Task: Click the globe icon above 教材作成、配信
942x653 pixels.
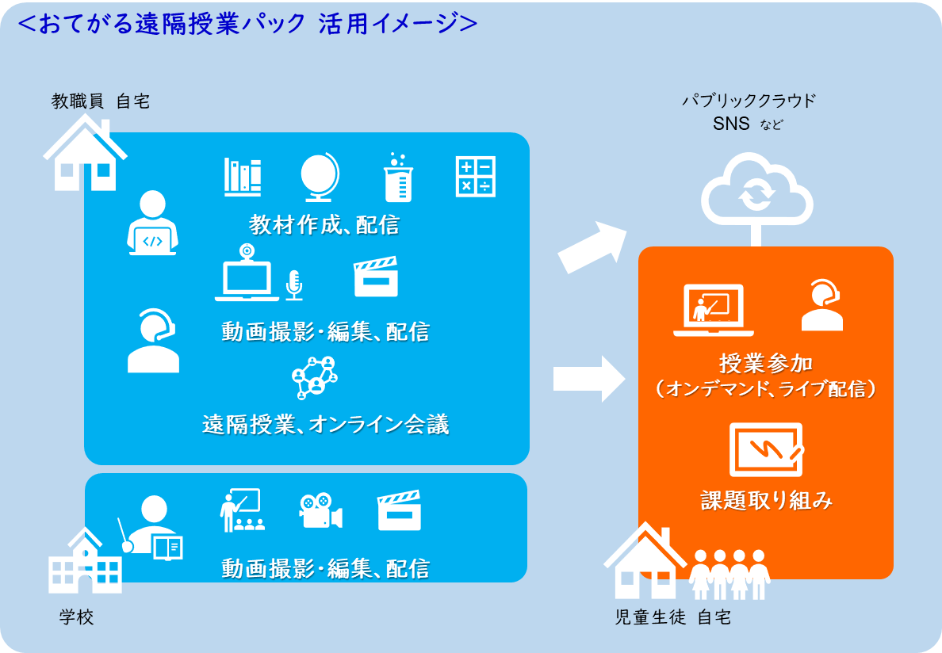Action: click(x=320, y=177)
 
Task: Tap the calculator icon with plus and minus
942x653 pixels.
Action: click(x=475, y=177)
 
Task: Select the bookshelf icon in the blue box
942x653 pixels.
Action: click(x=243, y=177)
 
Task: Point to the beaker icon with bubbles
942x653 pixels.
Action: click(x=398, y=177)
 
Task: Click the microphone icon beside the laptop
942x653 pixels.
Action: click(x=293, y=285)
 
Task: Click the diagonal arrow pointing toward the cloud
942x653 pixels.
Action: click(x=592, y=247)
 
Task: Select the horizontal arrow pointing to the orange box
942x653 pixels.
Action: click(x=589, y=379)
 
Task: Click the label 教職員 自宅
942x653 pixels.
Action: click(x=101, y=101)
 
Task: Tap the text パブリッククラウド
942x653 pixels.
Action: click(x=749, y=100)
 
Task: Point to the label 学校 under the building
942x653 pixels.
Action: click(x=76, y=617)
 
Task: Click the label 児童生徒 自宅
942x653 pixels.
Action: click(x=673, y=617)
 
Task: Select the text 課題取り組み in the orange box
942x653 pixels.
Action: click(x=767, y=500)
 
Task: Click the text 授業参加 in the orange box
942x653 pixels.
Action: click(x=766, y=363)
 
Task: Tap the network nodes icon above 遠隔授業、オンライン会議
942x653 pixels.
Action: click(x=315, y=377)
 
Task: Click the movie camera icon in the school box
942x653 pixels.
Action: click(x=321, y=511)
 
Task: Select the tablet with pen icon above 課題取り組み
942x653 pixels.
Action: click(x=766, y=450)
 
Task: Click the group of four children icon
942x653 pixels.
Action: click(x=729, y=575)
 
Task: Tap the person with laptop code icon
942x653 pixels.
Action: click(x=152, y=223)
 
